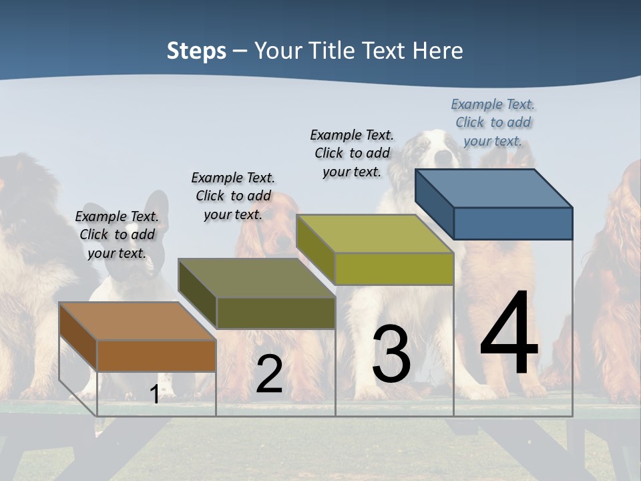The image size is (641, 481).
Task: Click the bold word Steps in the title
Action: pos(196,51)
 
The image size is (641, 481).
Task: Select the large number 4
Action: pos(509,334)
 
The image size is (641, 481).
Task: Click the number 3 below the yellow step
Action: pos(391,354)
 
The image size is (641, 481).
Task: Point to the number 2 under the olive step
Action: pos(269,374)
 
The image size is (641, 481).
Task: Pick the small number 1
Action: pos(154,395)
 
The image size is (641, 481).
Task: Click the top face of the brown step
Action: pos(137,321)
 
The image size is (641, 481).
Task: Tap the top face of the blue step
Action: pos(494,188)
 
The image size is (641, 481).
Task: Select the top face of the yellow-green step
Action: pos(375,234)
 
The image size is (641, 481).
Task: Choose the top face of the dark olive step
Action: pos(256,278)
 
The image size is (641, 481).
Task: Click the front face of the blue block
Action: pos(513,223)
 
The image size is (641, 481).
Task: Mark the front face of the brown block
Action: pos(156,355)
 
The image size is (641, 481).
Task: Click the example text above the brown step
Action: pos(117,234)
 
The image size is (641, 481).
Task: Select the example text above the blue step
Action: pos(493,122)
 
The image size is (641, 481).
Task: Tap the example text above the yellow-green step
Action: pos(352,153)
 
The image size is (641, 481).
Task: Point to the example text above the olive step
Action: pos(233,196)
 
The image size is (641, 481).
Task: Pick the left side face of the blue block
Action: pos(434,204)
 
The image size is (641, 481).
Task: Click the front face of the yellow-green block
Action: pos(394,269)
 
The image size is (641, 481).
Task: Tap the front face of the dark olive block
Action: pos(276,313)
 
